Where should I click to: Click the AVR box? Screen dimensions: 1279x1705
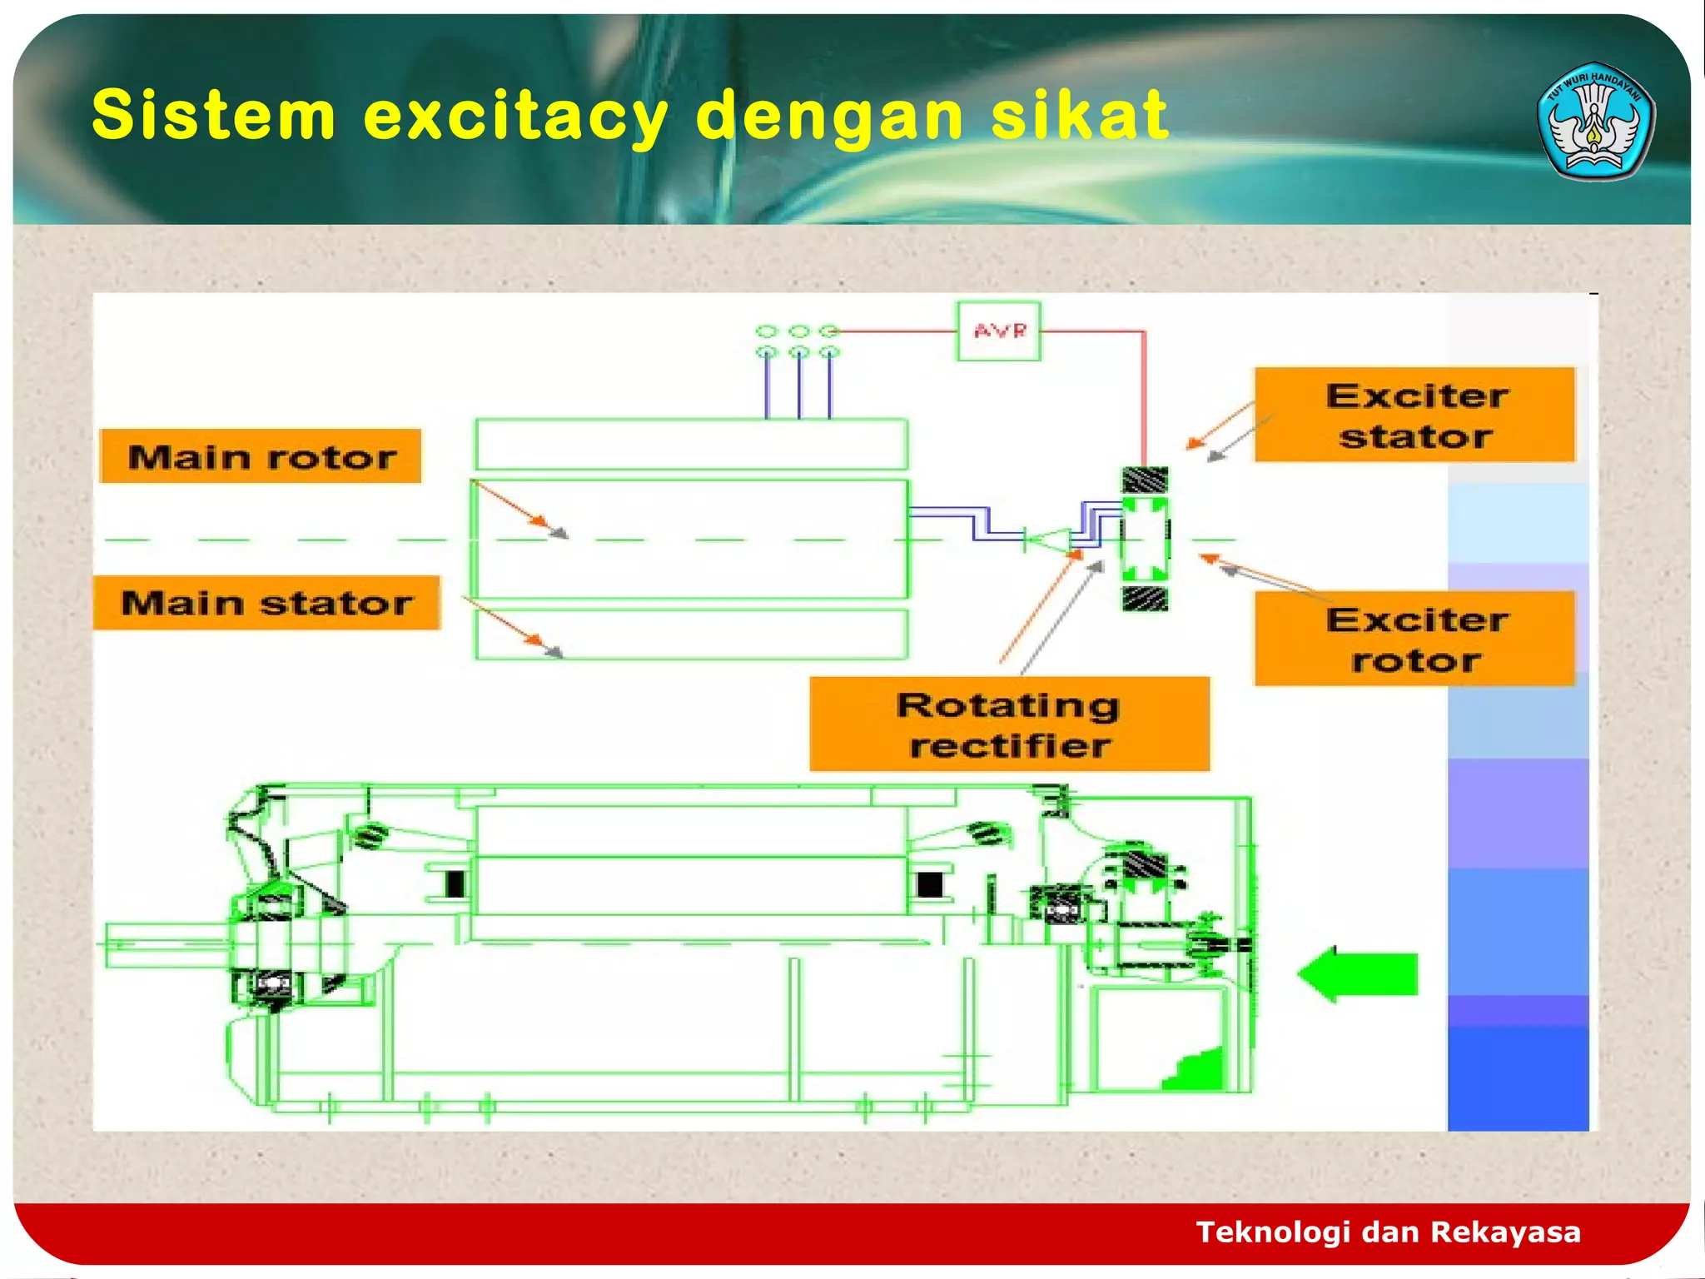(x=998, y=331)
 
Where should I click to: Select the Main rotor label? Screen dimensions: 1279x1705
(x=261, y=456)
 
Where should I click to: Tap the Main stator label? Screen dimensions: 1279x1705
(x=266, y=602)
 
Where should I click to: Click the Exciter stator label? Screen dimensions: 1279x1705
(x=1414, y=415)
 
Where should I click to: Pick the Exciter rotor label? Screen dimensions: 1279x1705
(x=1414, y=639)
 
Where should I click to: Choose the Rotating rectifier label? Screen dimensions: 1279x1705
(x=1009, y=724)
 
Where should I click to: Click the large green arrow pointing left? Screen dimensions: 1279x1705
(x=1359, y=974)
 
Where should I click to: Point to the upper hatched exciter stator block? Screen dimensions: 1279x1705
(x=1145, y=480)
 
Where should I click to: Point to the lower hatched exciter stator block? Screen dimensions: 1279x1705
(x=1145, y=599)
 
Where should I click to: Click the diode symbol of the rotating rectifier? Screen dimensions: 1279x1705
(x=1047, y=540)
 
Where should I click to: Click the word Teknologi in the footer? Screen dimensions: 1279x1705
(x=1273, y=1232)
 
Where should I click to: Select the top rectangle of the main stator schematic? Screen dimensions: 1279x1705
(x=691, y=445)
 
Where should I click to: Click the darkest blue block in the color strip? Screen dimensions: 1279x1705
(x=1518, y=1078)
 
